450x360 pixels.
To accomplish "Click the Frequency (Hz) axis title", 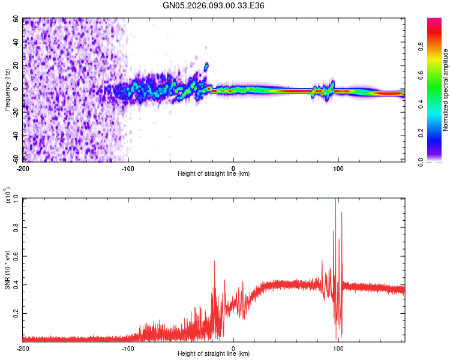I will coord(7,90).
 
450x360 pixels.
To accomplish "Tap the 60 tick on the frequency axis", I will coord(16,19).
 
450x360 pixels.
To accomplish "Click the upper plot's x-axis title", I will coord(214,173).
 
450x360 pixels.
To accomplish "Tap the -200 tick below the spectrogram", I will coord(23,167).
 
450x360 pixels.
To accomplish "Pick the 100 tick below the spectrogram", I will coord(338,167).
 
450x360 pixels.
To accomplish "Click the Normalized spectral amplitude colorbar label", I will coord(446,90).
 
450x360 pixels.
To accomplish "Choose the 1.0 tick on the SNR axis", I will coord(16,199).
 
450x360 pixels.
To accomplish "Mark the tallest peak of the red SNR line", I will coord(335,200).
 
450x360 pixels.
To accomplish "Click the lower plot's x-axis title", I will coord(214,354).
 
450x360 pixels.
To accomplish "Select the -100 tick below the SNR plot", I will coord(128,348).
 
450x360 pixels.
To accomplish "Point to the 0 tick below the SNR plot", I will coord(233,348).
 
